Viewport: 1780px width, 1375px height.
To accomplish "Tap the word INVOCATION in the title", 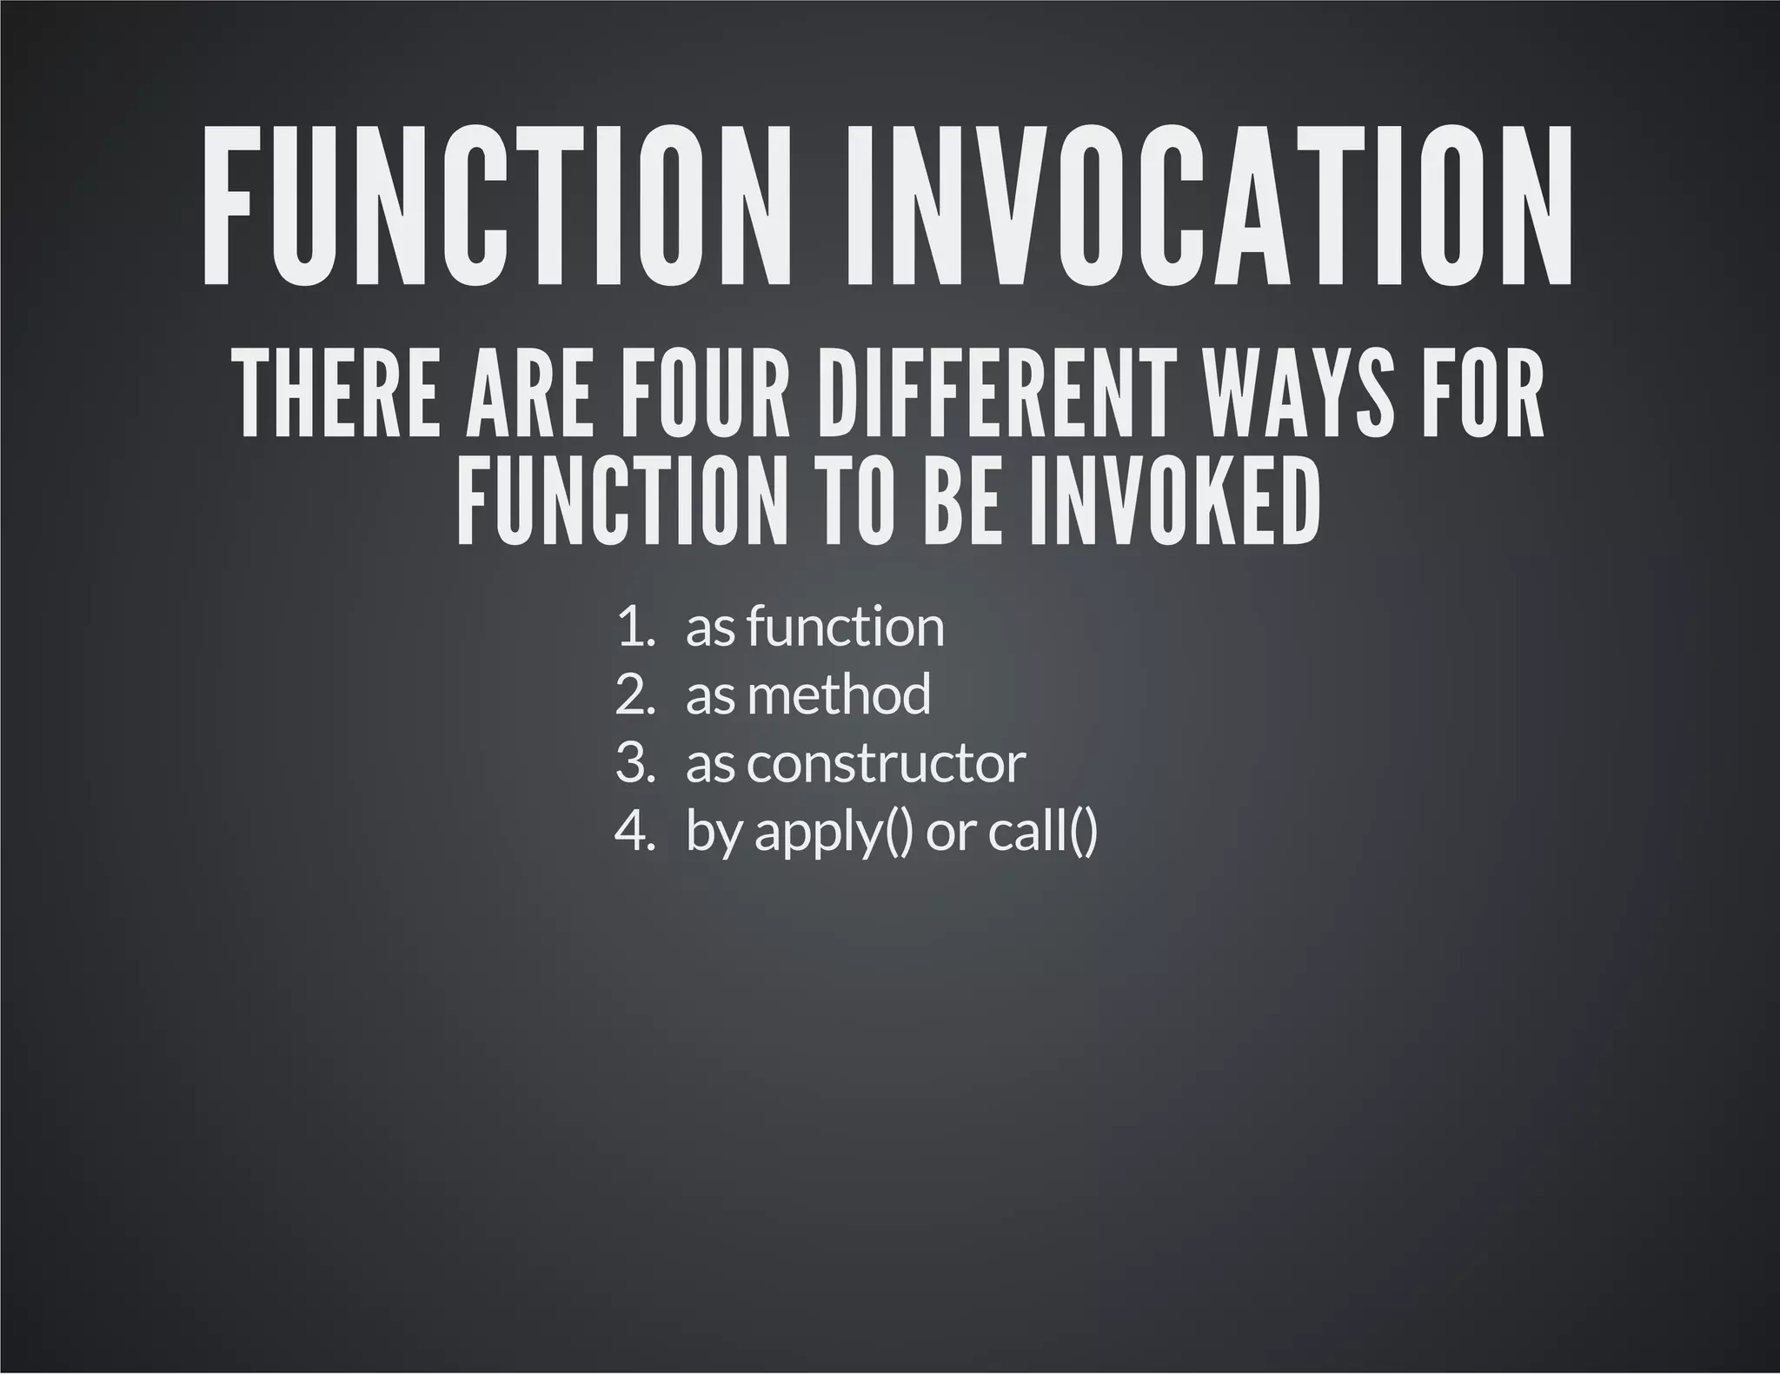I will click(1209, 206).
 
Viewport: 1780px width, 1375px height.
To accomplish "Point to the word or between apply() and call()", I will click(951, 833).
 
